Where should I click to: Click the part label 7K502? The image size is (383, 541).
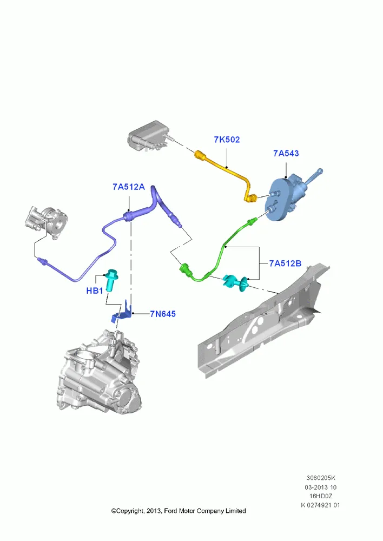(x=227, y=140)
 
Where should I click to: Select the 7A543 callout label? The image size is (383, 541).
(x=286, y=153)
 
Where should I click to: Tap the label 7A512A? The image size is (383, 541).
(x=129, y=187)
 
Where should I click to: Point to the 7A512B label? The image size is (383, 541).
(x=285, y=263)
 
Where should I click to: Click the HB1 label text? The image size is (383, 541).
(x=95, y=291)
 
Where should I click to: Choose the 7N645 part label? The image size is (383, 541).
(x=163, y=314)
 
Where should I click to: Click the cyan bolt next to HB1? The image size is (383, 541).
(x=111, y=280)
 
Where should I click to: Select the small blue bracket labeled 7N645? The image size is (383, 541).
(x=122, y=313)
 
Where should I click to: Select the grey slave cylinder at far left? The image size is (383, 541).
(x=47, y=222)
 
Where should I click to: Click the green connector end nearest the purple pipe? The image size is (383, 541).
(x=185, y=268)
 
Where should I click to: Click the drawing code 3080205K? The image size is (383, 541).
(x=321, y=478)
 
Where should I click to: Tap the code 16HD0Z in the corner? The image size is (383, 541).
(x=321, y=496)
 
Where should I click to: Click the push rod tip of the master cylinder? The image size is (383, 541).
(x=321, y=171)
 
